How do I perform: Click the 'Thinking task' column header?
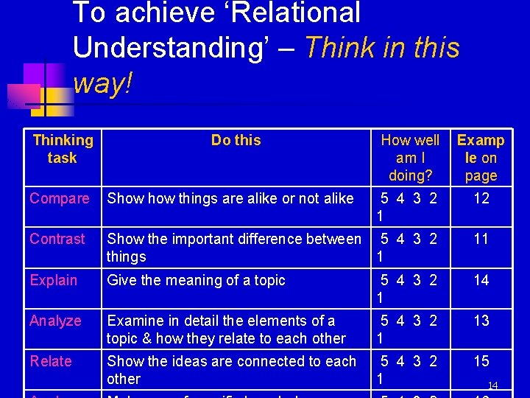tap(63, 149)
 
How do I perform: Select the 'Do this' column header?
tap(236, 140)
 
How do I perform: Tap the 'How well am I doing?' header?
tap(410, 158)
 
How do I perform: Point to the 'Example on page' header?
tap(481, 158)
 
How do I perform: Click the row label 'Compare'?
tap(60, 198)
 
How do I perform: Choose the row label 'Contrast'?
tap(57, 239)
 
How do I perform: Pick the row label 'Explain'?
tap(54, 280)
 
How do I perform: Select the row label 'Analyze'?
tap(55, 321)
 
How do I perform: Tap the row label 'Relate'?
tap(51, 361)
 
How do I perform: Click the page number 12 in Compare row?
tap(481, 198)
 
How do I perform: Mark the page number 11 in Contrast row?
tap(481, 239)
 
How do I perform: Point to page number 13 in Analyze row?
tap(481, 321)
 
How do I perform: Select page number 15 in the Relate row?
tap(481, 361)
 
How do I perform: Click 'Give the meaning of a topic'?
tap(196, 280)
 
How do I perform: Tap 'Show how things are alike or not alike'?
tap(230, 198)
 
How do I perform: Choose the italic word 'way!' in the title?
tap(103, 83)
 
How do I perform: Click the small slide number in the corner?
tap(493, 385)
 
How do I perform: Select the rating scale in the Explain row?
tap(409, 287)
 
